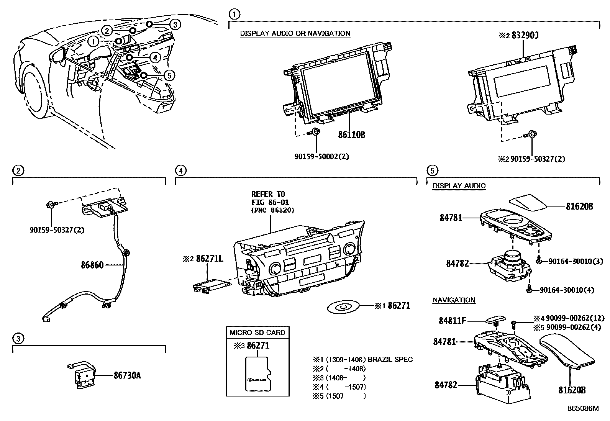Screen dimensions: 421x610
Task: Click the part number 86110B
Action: click(351, 135)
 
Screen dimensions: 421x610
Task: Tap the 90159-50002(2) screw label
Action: click(321, 156)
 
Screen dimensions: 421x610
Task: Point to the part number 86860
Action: click(92, 265)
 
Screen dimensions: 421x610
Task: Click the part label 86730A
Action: click(127, 375)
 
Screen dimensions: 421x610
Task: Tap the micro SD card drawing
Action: click(257, 375)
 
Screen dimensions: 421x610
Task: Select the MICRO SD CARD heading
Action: click(257, 332)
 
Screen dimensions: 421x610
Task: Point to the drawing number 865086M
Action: click(583, 408)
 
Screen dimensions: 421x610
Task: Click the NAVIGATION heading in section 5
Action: click(454, 300)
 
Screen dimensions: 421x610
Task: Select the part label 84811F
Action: click(452, 321)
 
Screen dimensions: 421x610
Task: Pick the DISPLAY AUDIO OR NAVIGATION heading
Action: click(295, 33)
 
